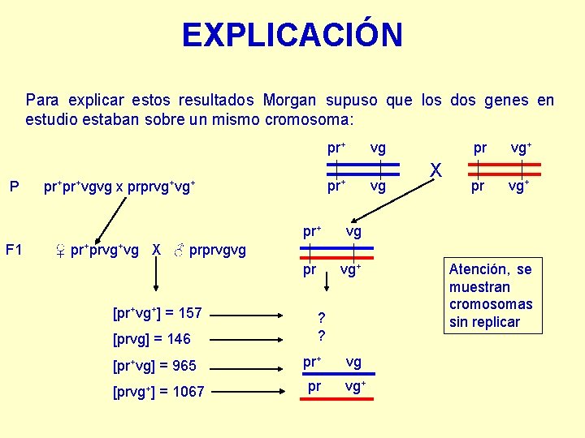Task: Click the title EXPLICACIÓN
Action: [292, 35]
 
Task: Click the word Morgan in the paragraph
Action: [289, 101]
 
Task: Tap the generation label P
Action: [14, 187]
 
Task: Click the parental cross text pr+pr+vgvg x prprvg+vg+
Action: [119, 187]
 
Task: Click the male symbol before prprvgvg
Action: [179, 250]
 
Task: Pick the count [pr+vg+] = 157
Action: [158, 312]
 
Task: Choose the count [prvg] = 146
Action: [152, 339]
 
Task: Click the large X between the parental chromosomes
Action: [436, 170]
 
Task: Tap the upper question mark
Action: [322, 317]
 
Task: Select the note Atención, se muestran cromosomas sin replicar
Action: [491, 295]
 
